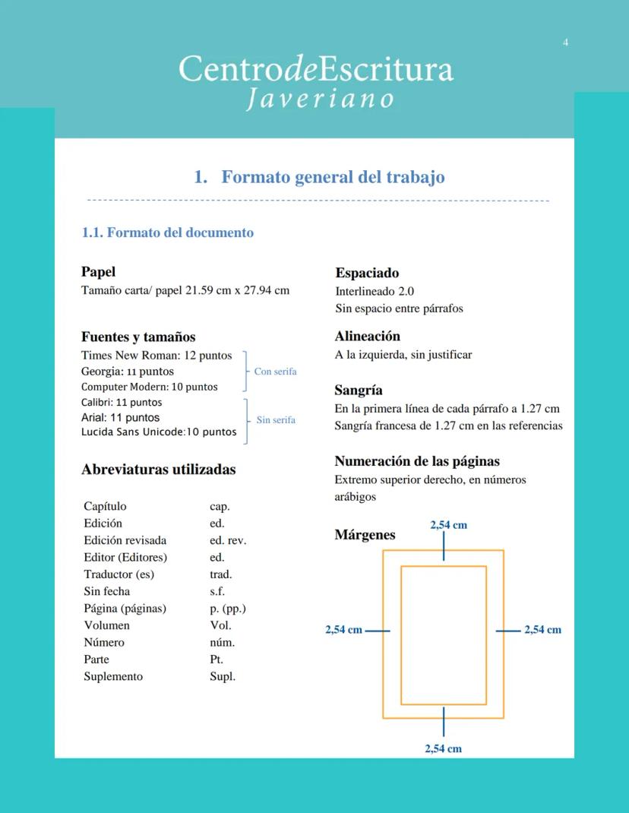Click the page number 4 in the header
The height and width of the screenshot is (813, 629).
click(x=565, y=43)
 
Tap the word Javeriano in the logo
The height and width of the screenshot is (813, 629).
click(x=320, y=100)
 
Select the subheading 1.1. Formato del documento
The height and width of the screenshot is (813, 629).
click(x=167, y=233)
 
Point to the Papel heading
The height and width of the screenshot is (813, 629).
click(x=98, y=272)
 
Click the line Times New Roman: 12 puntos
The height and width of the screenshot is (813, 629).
click(x=156, y=356)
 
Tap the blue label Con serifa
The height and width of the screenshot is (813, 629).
click(x=275, y=372)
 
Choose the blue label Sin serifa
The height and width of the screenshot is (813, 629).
click(x=276, y=419)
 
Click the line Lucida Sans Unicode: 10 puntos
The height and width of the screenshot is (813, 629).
click(x=159, y=432)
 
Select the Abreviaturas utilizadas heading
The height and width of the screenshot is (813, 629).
click(x=158, y=470)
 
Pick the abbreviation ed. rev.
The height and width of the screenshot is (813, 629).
click(x=228, y=541)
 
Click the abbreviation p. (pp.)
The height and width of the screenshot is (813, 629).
click(x=228, y=609)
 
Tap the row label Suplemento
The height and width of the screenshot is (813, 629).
click(x=113, y=676)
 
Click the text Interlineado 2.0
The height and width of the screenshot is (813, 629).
click(x=375, y=291)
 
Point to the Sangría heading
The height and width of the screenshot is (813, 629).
click(x=359, y=391)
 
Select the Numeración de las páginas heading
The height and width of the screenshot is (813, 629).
click(x=417, y=461)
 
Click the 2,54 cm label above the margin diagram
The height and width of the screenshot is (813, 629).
click(x=448, y=525)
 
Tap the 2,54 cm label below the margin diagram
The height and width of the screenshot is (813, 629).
click(x=443, y=748)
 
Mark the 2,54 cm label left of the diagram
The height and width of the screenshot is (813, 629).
click(x=343, y=630)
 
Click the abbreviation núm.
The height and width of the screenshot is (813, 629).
click(x=222, y=643)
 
